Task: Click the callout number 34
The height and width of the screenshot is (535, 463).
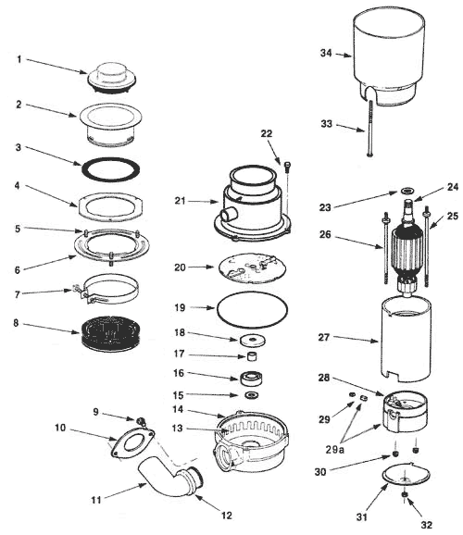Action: (326, 53)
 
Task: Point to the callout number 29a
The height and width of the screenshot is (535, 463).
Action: (334, 450)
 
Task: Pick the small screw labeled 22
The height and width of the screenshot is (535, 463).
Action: (286, 167)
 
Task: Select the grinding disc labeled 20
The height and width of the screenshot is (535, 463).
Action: (252, 267)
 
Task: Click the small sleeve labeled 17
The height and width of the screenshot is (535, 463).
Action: (252, 356)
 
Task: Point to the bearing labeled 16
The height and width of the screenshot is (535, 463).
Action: (251, 378)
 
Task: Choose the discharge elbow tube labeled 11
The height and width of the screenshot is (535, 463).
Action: (164, 476)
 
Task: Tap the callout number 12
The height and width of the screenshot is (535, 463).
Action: (226, 515)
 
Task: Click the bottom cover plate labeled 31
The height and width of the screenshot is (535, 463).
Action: (406, 475)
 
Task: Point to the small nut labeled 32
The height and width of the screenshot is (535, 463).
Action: (405, 495)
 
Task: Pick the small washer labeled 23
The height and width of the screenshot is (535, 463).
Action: (407, 190)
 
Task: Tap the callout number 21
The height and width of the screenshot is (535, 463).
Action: (180, 201)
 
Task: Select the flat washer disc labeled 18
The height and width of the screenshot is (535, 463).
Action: (252, 340)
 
